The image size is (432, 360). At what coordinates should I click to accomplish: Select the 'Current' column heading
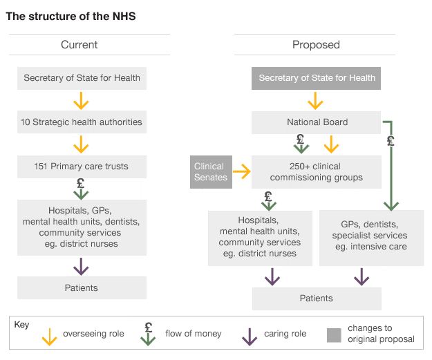[79, 45]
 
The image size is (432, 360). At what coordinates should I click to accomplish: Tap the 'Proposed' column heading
[316, 45]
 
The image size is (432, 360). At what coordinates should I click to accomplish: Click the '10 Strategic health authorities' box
[82, 122]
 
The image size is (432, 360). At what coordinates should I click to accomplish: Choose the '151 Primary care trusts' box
[82, 167]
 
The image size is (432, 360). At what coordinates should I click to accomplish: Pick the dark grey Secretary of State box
[317, 78]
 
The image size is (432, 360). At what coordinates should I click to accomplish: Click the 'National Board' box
[317, 122]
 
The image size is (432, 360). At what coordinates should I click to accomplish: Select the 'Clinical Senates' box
[210, 172]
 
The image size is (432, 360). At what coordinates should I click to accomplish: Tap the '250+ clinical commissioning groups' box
[317, 172]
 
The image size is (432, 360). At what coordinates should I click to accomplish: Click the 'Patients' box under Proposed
[317, 299]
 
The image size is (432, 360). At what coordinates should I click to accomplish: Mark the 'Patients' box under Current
[82, 287]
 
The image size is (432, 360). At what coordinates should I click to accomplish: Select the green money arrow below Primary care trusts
[82, 189]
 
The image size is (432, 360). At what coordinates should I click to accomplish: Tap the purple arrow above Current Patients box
[82, 265]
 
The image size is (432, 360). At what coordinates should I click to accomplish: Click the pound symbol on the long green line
[391, 142]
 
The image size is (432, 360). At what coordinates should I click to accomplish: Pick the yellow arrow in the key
[49, 336]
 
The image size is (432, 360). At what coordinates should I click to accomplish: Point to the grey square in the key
[335, 335]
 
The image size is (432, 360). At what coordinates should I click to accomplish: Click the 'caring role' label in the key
[285, 334]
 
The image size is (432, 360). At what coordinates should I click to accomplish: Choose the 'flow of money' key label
[194, 334]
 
